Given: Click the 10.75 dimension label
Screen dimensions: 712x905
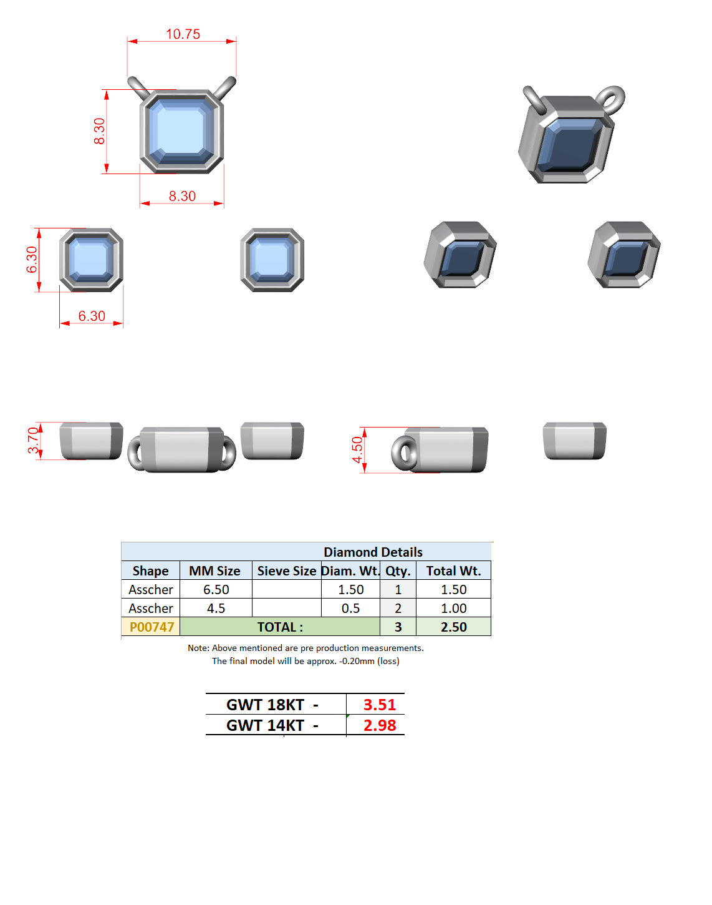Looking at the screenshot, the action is (x=183, y=34).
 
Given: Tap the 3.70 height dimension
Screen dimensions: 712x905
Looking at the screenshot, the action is (x=33, y=441).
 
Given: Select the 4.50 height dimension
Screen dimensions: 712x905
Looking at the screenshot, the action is (x=357, y=450).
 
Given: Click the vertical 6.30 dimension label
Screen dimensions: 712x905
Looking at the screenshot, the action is (x=32, y=260).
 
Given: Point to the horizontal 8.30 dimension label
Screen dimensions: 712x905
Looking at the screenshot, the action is (x=182, y=197).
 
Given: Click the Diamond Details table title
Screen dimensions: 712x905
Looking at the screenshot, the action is (x=373, y=552).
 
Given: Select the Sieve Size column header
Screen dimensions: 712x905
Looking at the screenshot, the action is (x=287, y=571).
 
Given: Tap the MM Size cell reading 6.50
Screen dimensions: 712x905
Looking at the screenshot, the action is (x=216, y=590).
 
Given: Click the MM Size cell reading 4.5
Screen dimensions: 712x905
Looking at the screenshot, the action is (x=216, y=609).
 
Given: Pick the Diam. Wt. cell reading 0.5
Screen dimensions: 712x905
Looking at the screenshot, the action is (x=351, y=609).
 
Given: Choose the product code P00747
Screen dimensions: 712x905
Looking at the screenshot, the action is (x=152, y=627).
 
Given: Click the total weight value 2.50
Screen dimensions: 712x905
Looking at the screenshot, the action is (x=454, y=627).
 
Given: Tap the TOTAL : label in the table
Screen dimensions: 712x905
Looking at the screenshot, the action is (x=280, y=627).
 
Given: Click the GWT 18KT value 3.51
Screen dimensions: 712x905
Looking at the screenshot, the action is (x=380, y=705).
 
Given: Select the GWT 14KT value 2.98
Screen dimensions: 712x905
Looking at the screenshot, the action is (x=380, y=725).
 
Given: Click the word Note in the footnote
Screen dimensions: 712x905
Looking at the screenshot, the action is (x=198, y=648).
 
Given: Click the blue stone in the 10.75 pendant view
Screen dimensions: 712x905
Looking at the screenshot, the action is (x=181, y=131).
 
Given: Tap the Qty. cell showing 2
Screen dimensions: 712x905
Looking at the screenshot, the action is (x=398, y=609).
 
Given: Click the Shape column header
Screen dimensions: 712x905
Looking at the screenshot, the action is (x=150, y=571).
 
